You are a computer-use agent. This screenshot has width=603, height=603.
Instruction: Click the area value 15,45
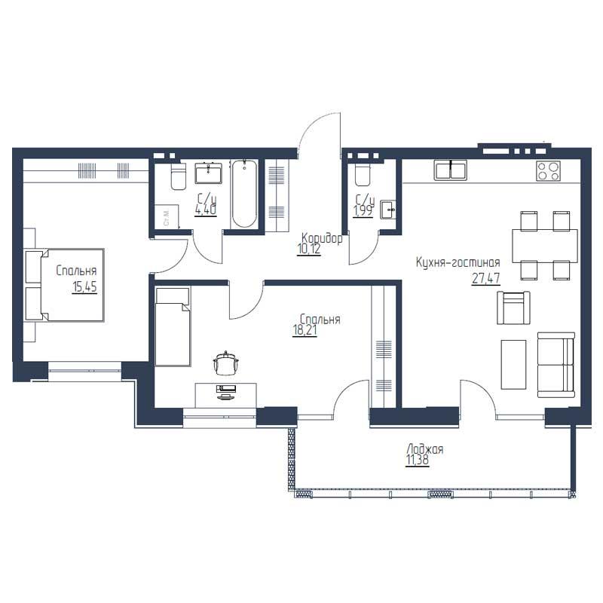pos(84,286)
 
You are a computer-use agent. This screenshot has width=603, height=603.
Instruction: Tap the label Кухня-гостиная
pos(458,262)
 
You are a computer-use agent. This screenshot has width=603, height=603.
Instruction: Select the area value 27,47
pos(485,278)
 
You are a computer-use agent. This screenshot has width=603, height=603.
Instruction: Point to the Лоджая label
pos(425,449)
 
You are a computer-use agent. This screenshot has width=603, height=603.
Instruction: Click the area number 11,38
pos(418,461)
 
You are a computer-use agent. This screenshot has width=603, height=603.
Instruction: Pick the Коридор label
pos(322,238)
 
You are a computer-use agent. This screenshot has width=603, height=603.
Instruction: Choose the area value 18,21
pos(305,331)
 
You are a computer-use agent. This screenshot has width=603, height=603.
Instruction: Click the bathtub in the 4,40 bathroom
pos(244,194)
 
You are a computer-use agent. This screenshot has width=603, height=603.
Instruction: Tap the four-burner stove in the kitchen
pos(549,170)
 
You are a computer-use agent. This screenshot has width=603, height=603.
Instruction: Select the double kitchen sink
pos(451,170)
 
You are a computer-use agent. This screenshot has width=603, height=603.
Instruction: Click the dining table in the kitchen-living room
pos(544,244)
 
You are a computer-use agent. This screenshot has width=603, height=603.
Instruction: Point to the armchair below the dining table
pos(513,308)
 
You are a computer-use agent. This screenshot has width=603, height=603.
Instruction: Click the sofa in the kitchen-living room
pos(556,365)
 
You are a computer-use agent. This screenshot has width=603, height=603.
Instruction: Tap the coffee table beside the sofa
pos(513,364)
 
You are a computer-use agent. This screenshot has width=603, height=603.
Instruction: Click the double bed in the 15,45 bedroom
pos(65,285)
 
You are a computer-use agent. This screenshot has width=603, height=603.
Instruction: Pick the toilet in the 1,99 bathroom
pos(363,175)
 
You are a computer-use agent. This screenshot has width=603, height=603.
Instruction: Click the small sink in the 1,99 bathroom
pos(388,210)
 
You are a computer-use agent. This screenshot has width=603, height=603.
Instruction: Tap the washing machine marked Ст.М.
pos(167,216)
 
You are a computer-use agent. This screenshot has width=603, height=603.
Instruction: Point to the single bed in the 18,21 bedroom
pos(173,326)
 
